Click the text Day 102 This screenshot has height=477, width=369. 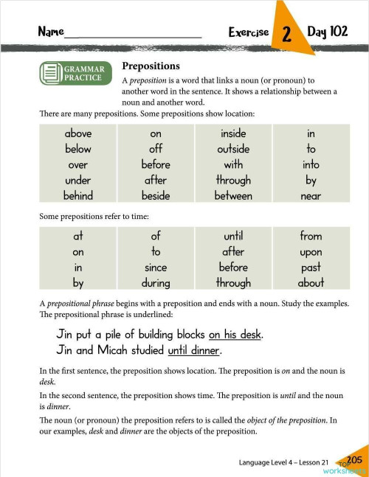pos(327,32)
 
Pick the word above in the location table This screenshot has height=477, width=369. pos(78,134)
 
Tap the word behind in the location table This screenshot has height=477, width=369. pos(78,196)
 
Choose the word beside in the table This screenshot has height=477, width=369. pos(156,196)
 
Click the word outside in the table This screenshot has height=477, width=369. pos(233,150)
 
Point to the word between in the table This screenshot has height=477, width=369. pos(233,196)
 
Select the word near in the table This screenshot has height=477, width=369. pos(311,196)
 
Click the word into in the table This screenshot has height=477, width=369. pos(311,165)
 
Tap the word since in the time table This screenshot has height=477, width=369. pos(156,267)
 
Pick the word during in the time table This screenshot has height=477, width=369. pos(156,282)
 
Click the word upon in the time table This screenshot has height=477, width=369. pos(311,251)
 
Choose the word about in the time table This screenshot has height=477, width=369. pos(311,282)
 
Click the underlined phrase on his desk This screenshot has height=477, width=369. pos(235,334)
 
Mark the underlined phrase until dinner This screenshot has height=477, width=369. pos(194,350)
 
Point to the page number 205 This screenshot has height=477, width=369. pos(354,460)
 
